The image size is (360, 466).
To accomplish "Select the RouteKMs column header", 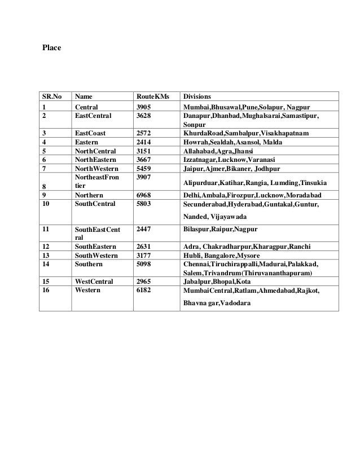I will (153, 96).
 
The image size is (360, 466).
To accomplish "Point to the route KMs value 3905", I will (145, 107).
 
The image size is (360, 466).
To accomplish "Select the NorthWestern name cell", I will (96, 169).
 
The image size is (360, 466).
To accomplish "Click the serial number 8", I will (44, 186).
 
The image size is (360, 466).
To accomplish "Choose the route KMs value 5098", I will (145, 263).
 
